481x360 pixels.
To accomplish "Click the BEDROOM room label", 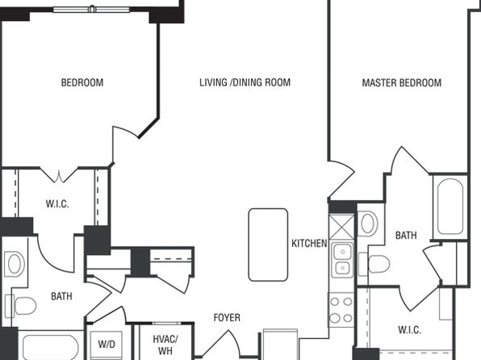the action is (82, 82).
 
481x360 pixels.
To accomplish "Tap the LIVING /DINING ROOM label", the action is (245, 82).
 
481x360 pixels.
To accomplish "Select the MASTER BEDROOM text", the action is (402, 82).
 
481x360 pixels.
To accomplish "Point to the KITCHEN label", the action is (309, 244).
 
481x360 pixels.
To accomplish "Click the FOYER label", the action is (227, 317).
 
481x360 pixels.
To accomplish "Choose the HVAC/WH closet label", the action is (165, 345).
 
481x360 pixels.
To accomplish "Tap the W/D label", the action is (107, 344).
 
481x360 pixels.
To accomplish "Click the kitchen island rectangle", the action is (268, 245).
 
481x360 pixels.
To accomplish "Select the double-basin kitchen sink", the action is (343, 260).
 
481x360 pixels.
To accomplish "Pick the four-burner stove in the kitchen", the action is (341, 310).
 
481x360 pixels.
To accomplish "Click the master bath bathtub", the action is (450, 207).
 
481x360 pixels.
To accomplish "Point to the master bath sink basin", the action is (369, 224).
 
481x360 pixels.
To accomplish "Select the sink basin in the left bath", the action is (15, 263).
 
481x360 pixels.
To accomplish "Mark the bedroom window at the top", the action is (91, 9).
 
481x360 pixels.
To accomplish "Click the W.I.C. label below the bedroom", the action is (57, 203).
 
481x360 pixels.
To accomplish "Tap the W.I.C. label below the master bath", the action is (409, 330).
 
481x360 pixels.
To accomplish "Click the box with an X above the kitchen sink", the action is (341, 227).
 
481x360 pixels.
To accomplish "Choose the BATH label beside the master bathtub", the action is (406, 236).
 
